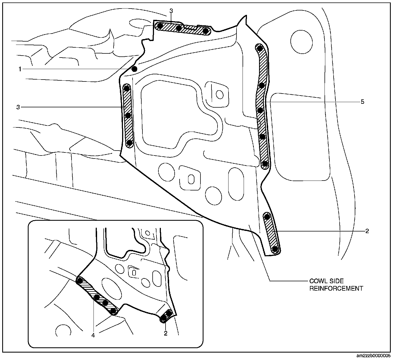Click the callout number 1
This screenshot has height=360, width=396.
pyautogui.click(x=20, y=69)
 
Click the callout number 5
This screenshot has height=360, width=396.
pyautogui.click(x=362, y=102)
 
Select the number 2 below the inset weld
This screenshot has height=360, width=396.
pyautogui.click(x=166, y=333)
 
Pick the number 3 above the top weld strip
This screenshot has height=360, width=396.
pyautogui.click(x=171, y=11)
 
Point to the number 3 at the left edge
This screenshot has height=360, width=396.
pyautogui.click(x=18, y=107)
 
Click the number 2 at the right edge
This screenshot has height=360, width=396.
pyautogui.click(x=367, y=231)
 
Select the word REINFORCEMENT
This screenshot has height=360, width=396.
pyautogui.click(x=336, y=288)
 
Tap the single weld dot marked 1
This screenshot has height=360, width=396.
pyautogui.click(x=134, y=69)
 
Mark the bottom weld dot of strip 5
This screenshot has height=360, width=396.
pyautogui.click(x=265, y=164)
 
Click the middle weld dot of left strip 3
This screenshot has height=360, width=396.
pyautogui.click(x=128, y=116)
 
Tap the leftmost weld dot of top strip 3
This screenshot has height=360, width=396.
pyautogui.click(x=159, y=26)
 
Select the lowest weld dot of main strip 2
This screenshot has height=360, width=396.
pyautogui.click(x=274, y=249)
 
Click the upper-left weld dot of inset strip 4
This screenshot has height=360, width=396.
pyautogui.click(x=80, y=281)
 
